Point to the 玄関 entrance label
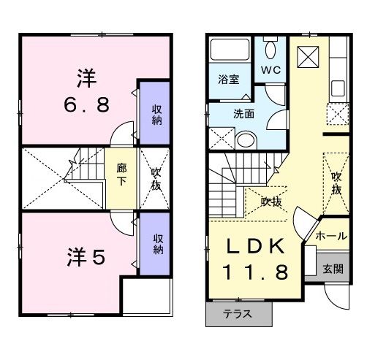pyautogui.click(x=333, y=269)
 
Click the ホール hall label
pyautogui.click(x=331, y=237)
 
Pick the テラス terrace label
pyautogui.click(x=238, y=315)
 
